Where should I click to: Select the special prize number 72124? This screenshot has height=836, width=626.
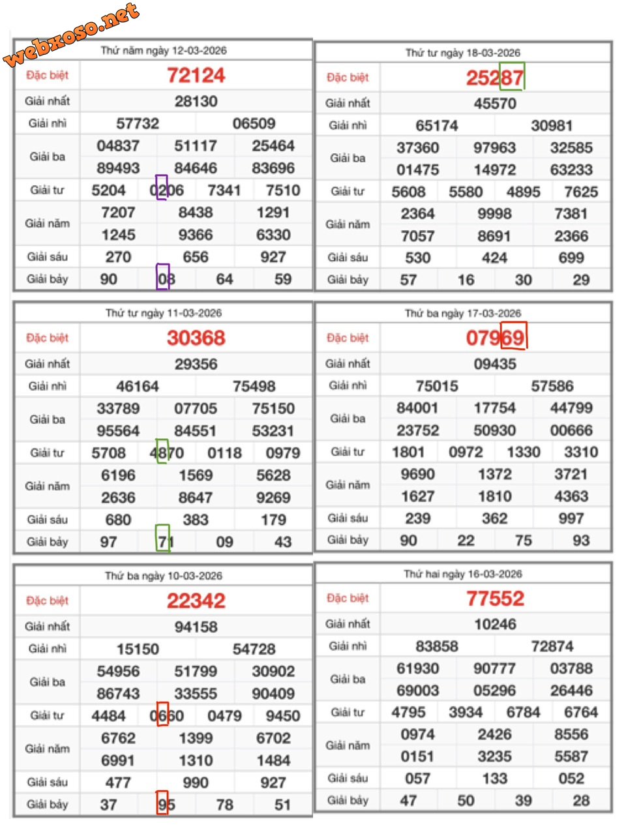coord(196,76)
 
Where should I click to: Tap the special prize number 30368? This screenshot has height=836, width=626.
coord(196,338)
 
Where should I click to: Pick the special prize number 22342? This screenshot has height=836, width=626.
coord(196,601)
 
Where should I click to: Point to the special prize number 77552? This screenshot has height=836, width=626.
coord(495,599)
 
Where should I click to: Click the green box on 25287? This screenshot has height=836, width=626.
coord(512,76)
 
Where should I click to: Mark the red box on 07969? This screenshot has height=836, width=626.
coord(513,336)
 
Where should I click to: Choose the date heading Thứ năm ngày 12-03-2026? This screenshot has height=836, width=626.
coord(164,50)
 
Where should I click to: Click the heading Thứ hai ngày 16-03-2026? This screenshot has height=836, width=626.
coord(463,574)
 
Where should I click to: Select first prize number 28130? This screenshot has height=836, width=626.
coord(196,101)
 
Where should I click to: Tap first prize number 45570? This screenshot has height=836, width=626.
coord(495,103)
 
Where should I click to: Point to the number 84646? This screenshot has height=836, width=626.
coord(196,168)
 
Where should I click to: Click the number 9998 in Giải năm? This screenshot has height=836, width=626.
coord(494,214)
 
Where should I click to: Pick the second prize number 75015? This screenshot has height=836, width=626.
coord(437,386)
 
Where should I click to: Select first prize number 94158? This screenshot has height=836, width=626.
coord(196,627)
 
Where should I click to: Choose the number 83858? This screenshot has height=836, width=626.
coord(437,646)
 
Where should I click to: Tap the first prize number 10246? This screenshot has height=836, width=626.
coord(495,624)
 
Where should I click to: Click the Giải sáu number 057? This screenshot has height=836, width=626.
coord(417,779)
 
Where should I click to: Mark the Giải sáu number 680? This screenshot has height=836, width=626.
coord(118,520)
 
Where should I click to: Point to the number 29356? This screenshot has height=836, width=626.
coord(196,364)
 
